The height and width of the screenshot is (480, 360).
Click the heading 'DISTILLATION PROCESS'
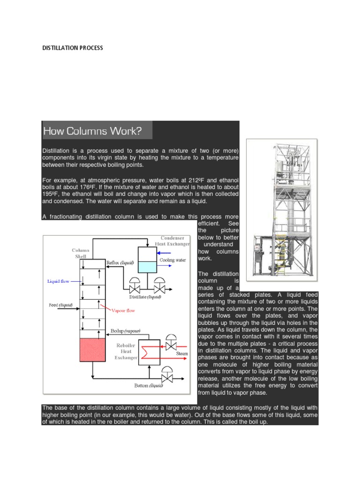73,48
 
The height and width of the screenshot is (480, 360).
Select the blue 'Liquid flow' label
58,282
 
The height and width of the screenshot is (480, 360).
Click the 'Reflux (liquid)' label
121,263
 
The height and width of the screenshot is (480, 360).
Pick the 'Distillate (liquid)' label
145,297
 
